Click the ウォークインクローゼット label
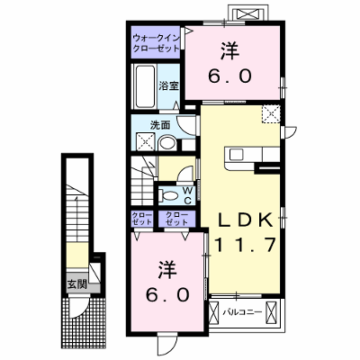(157, 43)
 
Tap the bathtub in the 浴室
(146, 86)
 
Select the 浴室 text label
(169, 86)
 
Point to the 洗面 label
(160, 125)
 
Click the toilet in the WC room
(168, 196)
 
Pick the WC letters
(188, 195)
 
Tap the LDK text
(246, 220)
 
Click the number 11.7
(245, 245)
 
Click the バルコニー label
(242, 312)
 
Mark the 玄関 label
(76, 283)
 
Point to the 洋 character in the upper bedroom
(230, 51)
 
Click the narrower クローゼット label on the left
(142, 219)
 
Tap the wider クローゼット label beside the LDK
(177, 219)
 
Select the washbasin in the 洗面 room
(167, 144)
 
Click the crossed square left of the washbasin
(145, 141)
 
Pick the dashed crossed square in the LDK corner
(271, 114)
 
